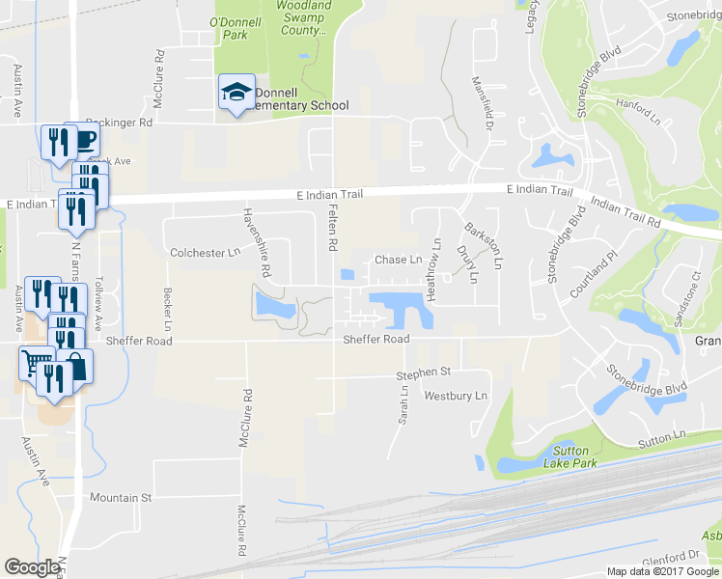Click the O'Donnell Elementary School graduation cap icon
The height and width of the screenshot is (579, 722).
pos(236,92)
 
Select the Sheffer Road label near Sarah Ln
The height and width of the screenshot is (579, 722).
pos(376,339)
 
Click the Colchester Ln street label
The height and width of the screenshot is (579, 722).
pos(205,253)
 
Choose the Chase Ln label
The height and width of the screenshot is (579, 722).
pos(398,260)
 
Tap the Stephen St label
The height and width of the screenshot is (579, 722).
pos(424,372)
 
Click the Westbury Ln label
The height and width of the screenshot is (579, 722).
pos(456,396)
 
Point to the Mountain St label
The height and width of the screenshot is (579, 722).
pos(121,498)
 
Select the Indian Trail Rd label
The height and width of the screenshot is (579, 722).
pos(625,213)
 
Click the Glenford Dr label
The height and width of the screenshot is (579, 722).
pos(673,556)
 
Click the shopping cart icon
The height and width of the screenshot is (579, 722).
pos(37,363)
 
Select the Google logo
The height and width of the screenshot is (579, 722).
pos(32,567)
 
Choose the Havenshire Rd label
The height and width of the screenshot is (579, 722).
pos(250,239)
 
